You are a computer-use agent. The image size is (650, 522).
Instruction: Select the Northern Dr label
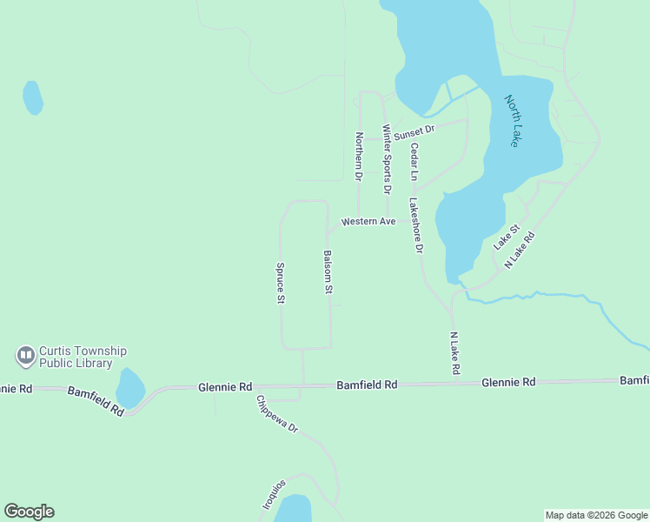tap(358, 155)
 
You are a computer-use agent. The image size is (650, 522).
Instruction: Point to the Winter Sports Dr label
tap(387, 158)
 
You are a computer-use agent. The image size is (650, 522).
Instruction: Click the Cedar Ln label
tap(415, 163)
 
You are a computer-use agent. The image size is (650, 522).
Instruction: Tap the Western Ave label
tap(368, 222)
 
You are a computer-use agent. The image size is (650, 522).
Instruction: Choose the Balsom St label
tap(328, 271)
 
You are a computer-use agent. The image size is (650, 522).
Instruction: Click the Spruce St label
tap(281, 283)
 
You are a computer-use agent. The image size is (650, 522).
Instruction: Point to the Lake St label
tap(506, 238)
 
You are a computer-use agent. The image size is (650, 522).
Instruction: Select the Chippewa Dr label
tap(277, 417)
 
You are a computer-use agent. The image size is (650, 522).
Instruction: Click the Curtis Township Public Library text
tap(76, 357)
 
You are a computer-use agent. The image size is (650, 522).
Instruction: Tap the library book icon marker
tap(25, 356)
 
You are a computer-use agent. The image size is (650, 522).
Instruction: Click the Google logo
tap(29, 512)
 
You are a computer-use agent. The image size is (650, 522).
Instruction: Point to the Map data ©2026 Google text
tap(596, 515)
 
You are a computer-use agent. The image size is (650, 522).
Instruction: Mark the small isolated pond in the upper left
tap(32, 97)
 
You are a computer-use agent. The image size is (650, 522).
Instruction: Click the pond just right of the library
tap(129, 387)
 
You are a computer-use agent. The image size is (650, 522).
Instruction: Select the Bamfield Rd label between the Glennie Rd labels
tap(367, 384)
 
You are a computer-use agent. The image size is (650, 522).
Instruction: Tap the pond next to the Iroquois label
tap(294, 509)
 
